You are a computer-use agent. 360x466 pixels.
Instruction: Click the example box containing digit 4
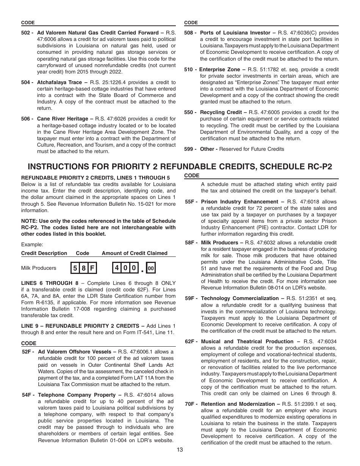117,268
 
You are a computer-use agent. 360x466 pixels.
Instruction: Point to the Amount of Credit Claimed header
134,253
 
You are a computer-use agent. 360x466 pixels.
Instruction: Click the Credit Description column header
44,253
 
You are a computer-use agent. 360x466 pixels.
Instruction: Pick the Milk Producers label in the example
39,268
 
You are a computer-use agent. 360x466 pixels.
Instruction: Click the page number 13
180,450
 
